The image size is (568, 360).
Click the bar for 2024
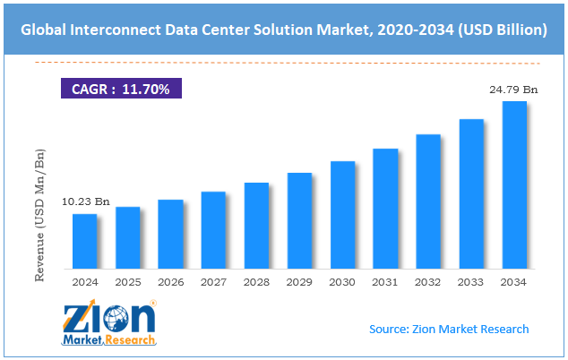pyautogui.click(x=85, y=242)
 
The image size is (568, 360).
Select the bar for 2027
pyautogui.click(x=213, y=230)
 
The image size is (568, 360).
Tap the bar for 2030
pyautogui.click(x=342, y=215)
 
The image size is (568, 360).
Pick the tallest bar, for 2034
pyautogui.click(x=514, y=185)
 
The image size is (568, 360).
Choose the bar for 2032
pyautogui.click(x=428, y=201)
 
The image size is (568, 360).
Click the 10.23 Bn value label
pyautogui.click(x=85, y=203)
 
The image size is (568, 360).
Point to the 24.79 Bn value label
pyautogui.click(x=513, y=90)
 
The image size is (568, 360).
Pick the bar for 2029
pyautogui.click(x=299, y=221)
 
